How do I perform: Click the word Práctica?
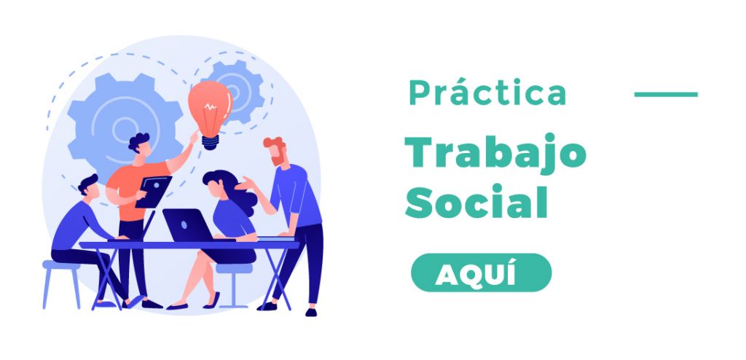(487, 92)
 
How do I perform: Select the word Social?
(476, 202)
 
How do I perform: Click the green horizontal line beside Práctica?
(666, 94)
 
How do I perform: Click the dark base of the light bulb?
(211, 142)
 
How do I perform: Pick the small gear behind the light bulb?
(238, 90)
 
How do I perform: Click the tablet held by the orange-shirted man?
(153, 192)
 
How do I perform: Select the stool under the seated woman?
(234, 285)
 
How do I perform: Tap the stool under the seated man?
(62, 283)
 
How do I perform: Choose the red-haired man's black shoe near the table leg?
(267, 306)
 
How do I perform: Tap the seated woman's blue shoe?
(212, 301)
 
